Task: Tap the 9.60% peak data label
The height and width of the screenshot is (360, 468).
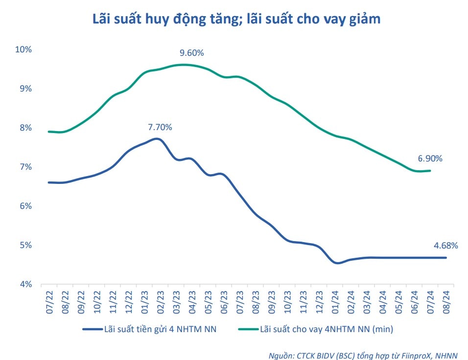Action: [191, 53]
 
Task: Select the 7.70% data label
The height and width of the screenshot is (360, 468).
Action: [160, 127]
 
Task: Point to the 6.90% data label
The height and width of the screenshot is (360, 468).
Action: [430, 158]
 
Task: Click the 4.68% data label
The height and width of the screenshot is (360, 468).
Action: [445, 246]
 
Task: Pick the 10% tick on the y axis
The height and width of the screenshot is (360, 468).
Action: [23, 49]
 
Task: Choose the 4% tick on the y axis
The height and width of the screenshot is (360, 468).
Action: [25, 284]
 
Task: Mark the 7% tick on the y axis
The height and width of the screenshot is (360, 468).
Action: [25, 167]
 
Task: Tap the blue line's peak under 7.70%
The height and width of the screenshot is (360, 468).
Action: [156, 139]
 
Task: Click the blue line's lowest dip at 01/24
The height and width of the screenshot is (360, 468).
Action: [337, 263]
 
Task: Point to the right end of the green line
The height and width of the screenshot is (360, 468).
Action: [430, 171]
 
